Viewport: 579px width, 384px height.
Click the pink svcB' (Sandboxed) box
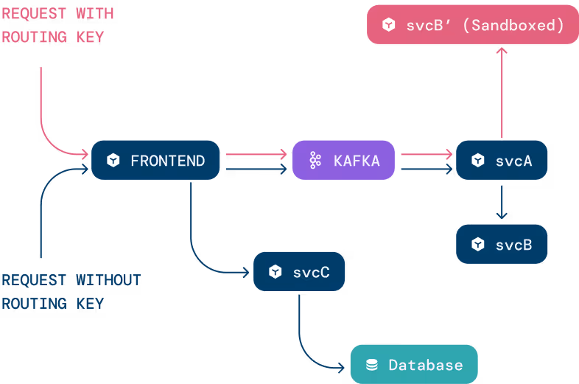pyautogui.click(x=472, y=25)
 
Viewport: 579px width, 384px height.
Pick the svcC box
pyautogui.click(x=299, y=271)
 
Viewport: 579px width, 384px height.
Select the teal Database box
pyautogui.click(x=414, y=364)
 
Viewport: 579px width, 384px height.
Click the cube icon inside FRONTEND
pyautogui.click(x=113, y=160)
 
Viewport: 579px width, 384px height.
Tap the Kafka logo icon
pyautogui.click(x=315, y=160)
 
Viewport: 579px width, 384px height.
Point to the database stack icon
pyautogui.click(x=372, y=365)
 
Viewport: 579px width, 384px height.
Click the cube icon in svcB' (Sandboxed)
pyautogui.click(x=388, y=25)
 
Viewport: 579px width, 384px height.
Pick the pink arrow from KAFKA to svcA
pyautogui.click(x=424, y=154)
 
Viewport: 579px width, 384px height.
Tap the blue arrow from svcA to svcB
pyautogui.click(x=502, y=201)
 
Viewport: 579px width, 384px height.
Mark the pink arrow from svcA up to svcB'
pyautogui.click(x=502, y=92)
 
